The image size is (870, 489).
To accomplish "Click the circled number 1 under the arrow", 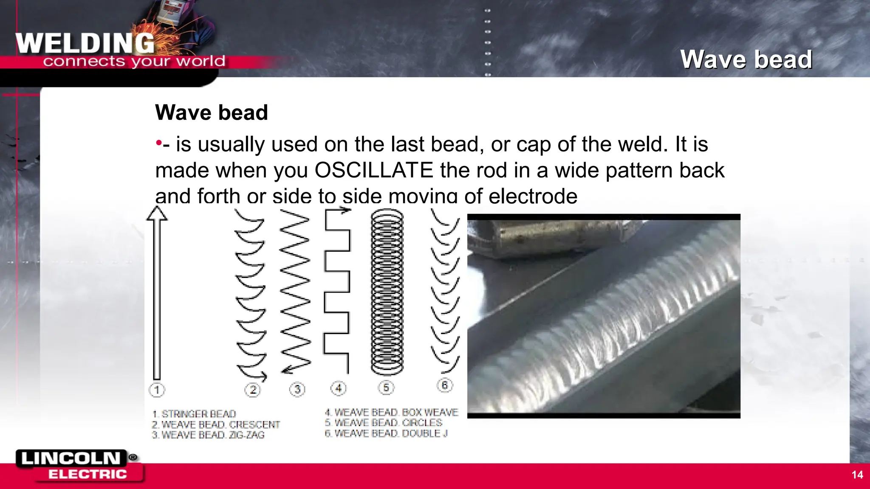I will tap(157, 390).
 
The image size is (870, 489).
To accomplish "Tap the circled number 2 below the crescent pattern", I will tap(253, 390).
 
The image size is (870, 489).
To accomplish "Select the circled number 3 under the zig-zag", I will tap(297, 389).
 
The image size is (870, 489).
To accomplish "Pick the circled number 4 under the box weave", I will tap(339, 388).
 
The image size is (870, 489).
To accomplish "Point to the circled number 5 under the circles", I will tap(386, 388).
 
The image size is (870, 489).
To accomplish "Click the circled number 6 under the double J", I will tap(445, 385).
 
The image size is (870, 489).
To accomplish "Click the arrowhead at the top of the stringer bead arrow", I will tap(157, 214).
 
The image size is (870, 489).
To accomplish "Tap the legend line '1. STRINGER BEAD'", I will tap(194, 414).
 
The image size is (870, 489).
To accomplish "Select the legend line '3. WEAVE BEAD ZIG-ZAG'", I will tap(208, 435).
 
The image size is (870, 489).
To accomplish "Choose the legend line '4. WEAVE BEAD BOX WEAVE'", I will tap(392, 413).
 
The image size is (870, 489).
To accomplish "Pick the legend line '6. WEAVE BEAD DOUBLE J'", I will tap(386, 433).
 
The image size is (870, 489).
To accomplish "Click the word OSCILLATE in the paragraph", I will tap(374, 171).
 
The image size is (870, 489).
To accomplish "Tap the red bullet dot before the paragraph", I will tap(158, 143).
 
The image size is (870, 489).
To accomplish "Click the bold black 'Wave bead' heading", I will tap(212, 113).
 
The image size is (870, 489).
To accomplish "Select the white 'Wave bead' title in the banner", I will tap(746, 59).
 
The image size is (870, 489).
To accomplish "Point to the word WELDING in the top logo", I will tap(85, 44).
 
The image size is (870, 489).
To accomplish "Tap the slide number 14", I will tap(857, 475).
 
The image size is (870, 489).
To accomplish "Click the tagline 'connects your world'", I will tap(134, 62).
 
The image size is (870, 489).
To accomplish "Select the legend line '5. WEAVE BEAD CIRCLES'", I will tap(384, 423).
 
